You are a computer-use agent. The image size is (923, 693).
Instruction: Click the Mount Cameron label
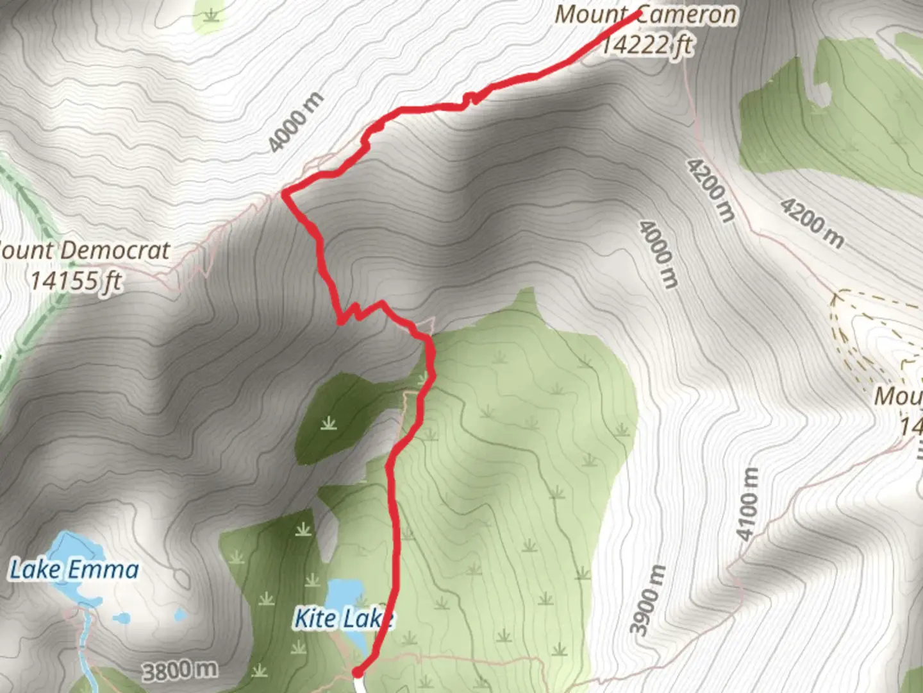[x=645, y=14]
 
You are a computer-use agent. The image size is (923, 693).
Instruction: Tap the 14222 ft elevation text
[x=647, y=45]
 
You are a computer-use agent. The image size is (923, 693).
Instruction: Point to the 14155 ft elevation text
[x=76, y=280]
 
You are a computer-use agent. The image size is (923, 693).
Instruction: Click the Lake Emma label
[x=74, y=570]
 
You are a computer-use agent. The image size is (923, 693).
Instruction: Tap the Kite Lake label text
[x=343, y=619]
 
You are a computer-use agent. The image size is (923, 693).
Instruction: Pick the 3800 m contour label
[x=179, y=671]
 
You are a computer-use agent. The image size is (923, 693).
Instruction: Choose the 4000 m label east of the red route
[x=658, y=254]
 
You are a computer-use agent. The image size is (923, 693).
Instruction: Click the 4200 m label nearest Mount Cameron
[x=710, y=190]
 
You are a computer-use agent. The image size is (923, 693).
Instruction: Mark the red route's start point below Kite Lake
[x=358, y=671]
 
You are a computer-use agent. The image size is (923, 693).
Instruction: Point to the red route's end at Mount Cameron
[x=638, y=13]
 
